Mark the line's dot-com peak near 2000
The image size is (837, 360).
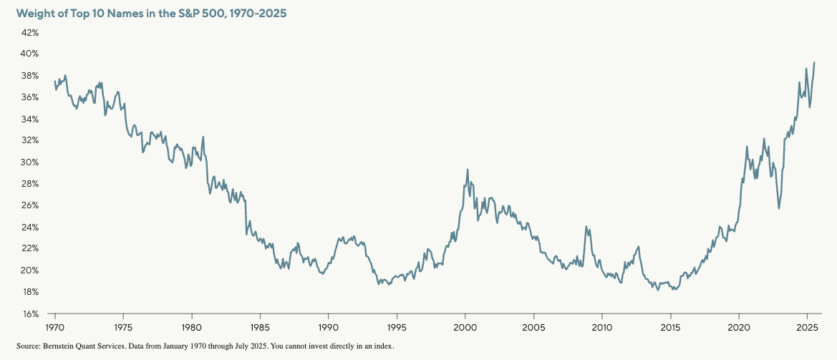pos(468,170)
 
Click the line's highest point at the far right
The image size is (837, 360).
pos(815,62)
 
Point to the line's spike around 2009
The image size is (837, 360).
pos(586,227)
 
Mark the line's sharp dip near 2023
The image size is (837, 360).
pos(779,208)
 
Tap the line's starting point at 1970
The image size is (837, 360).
pos(54,82)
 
